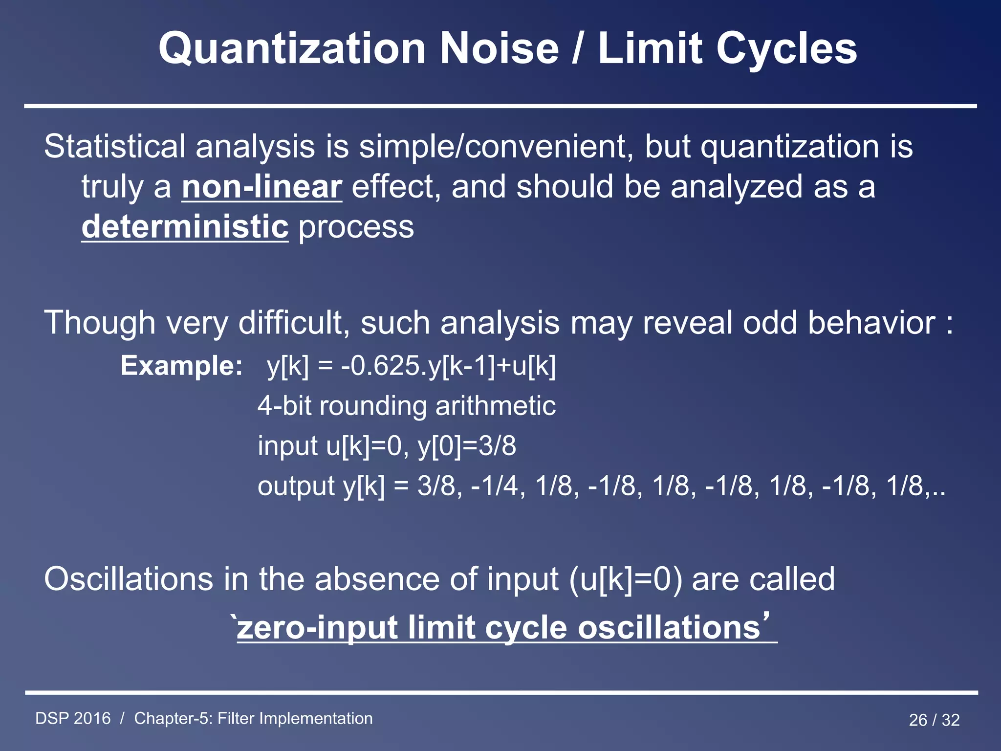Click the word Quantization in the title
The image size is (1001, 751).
[x=292, y=49]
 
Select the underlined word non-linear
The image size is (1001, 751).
[x=261, y=187]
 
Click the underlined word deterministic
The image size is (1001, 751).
[x=185, y=227]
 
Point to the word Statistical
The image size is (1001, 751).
[x=115, y=147]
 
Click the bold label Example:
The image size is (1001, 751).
[x=181, y=366]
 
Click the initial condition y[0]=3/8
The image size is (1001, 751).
[x=467, y=446]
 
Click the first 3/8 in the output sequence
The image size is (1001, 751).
[x=436, y=486]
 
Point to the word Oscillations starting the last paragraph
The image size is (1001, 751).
[x=129, y=579]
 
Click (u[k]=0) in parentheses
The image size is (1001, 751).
[x=625, y=579]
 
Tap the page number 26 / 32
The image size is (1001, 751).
[x=934, y=720]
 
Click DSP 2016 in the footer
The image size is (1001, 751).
[x=73, y=719]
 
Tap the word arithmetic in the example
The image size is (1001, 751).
[x=495, y=406]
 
